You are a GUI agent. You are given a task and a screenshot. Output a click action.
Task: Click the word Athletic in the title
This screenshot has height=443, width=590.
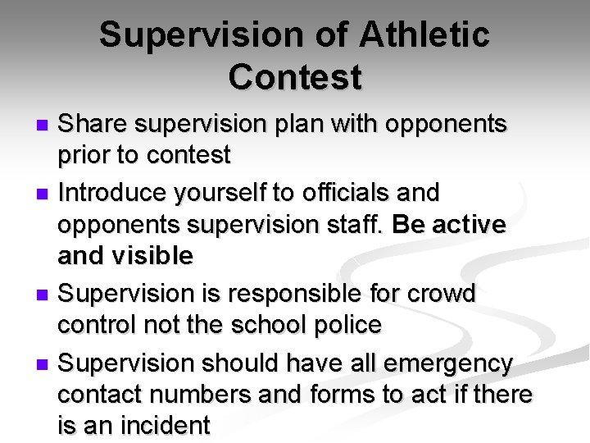point(424,35)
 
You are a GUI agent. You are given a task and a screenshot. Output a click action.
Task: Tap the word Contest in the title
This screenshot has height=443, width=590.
point(295,77)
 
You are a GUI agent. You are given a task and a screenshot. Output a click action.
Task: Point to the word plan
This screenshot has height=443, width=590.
point(292,125)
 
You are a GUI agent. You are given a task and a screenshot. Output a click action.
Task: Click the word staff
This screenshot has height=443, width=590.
point(349,224)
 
